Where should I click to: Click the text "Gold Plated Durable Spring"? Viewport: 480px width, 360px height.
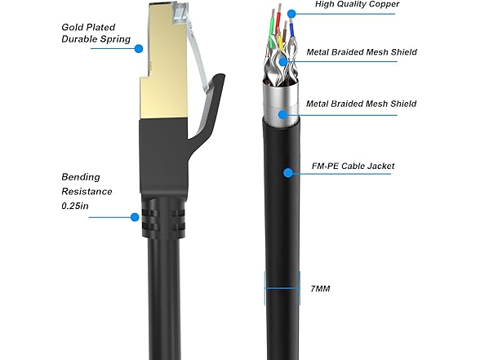[96, 33]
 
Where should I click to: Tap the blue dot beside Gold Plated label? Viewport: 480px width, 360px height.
[139, 49]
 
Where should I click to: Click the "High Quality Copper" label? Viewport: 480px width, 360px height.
[357, 4]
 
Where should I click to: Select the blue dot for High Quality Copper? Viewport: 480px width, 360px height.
[291, 13]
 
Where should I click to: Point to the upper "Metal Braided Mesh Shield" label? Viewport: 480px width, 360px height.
[362, 52]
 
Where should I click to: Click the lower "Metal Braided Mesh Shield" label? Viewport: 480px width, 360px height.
[361, 104]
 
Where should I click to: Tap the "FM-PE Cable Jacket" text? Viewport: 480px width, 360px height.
[353, 166]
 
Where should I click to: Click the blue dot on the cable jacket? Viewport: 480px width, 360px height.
[287, 173]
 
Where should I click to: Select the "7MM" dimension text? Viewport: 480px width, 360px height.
[320, 289]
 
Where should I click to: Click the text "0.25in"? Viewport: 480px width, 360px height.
[75, 206]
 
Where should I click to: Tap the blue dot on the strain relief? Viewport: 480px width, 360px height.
[135, 217]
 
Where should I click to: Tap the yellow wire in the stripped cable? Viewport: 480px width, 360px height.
[279, 43]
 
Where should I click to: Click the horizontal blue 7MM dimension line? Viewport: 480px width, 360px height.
[282, 287]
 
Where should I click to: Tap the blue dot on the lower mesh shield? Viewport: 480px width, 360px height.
[283, 115]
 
